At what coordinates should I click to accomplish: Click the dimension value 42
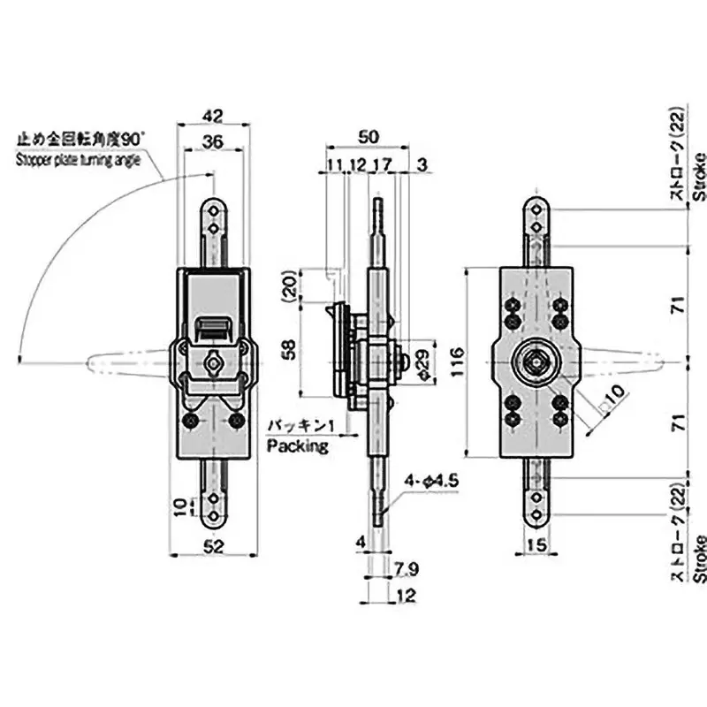[212, 115]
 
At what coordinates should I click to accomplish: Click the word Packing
[298, 446]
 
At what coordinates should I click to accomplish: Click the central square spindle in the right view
[536, 361]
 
